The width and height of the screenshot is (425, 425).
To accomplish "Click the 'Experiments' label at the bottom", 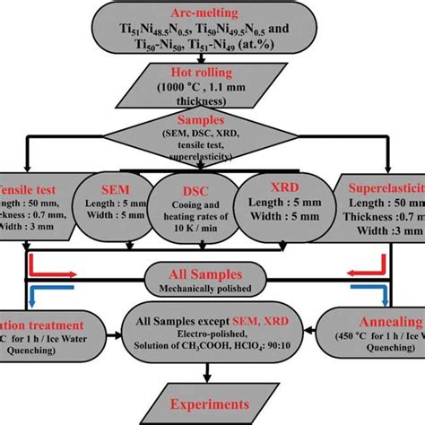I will point(212,404).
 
